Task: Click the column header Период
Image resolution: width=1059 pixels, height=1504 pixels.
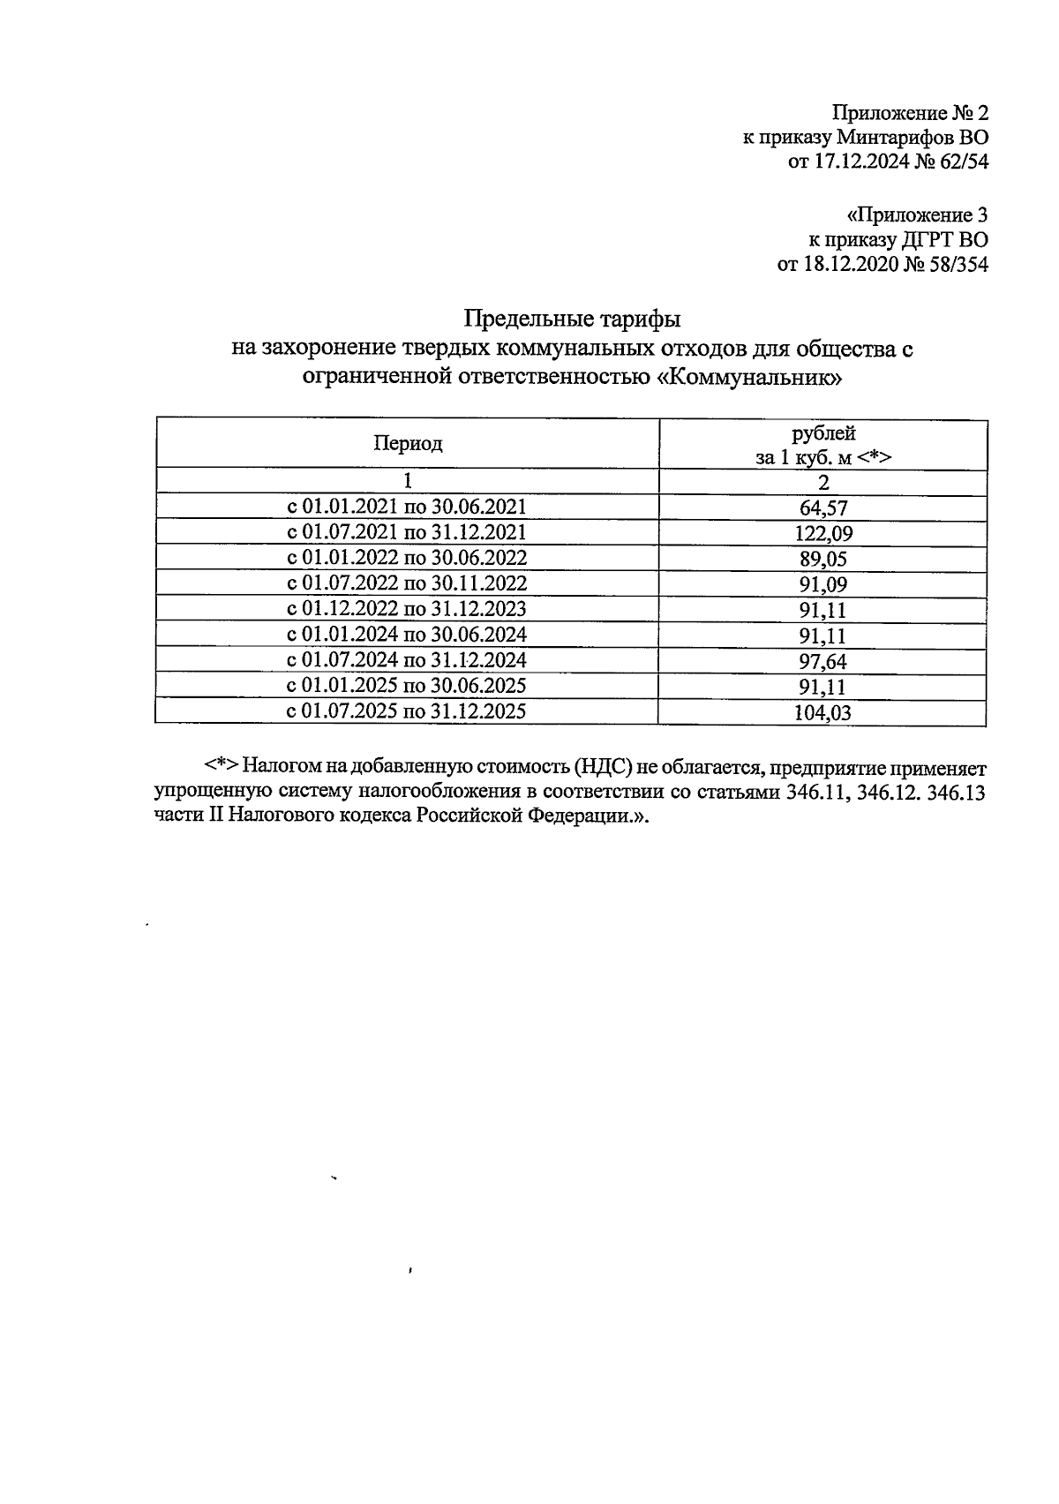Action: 407,443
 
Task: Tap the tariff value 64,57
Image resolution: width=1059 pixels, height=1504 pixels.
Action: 823,508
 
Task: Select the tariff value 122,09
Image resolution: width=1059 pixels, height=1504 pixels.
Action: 823,534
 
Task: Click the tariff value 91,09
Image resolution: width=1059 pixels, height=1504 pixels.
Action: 823,584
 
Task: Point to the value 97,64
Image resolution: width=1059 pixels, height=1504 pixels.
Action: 823,661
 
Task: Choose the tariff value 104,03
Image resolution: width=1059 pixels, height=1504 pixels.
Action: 823,713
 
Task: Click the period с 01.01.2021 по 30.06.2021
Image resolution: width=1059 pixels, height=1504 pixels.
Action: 407,507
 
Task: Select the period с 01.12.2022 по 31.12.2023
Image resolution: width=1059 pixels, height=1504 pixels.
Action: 407,609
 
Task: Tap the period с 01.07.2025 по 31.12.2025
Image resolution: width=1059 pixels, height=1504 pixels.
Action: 407,711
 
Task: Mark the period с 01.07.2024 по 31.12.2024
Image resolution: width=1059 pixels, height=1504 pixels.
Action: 407,660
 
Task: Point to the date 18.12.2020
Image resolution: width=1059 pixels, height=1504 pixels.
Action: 848,264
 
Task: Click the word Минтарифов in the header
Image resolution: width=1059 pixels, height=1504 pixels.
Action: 889,138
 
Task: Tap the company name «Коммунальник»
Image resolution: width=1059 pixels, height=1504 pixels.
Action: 751,378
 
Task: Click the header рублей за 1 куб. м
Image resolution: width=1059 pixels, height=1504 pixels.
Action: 823,445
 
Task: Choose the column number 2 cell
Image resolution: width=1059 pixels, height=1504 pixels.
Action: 823,482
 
